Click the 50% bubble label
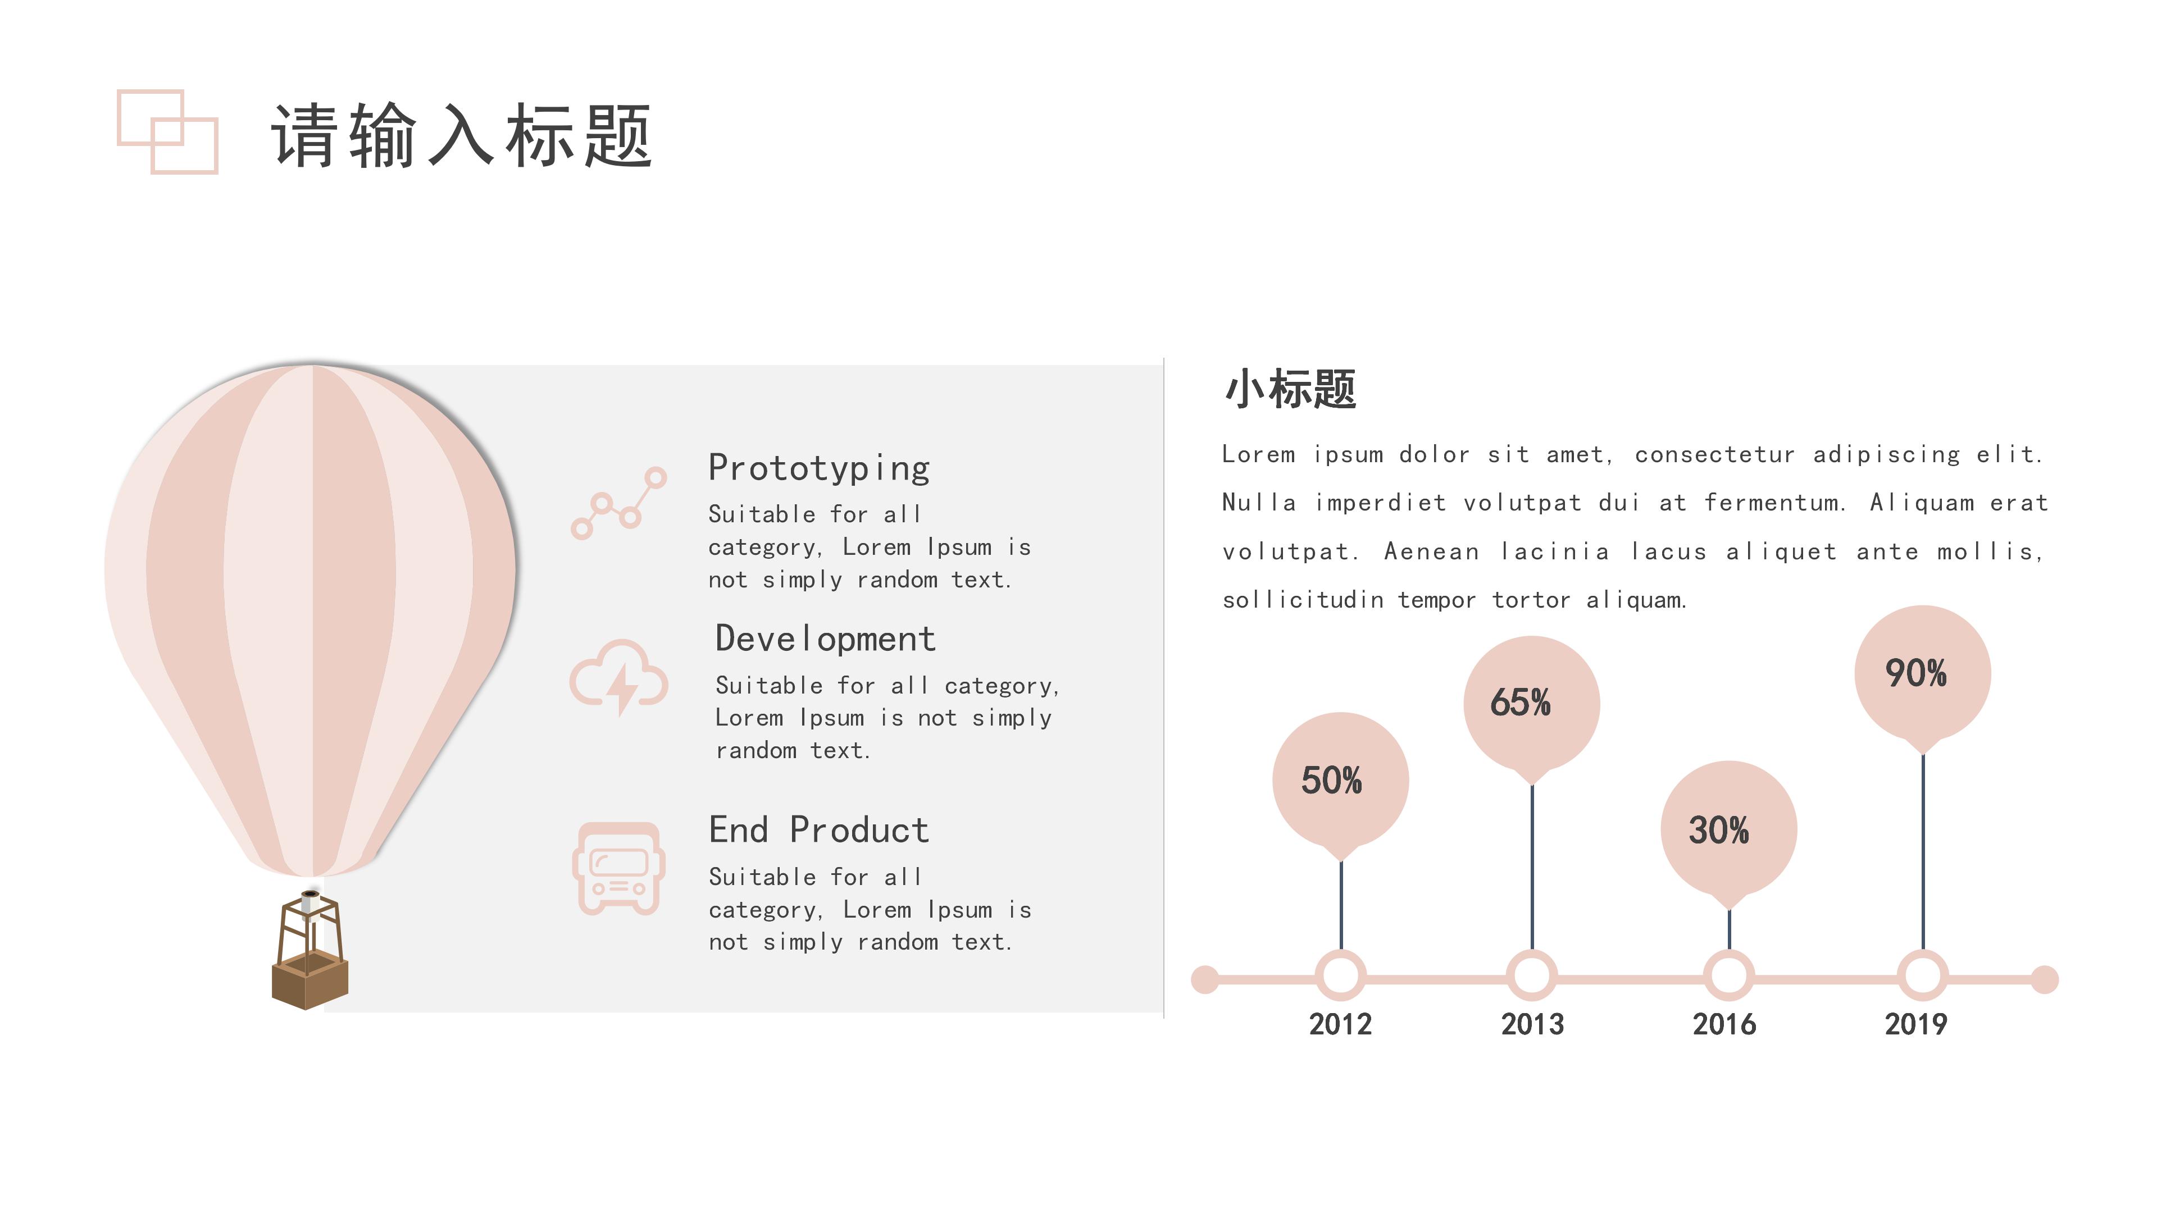click(x=1331, y=780)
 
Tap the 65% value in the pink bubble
click(x=1521, y=703)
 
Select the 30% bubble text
click(x=1718, y=831)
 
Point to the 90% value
click(x=1916, y=673)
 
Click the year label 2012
click(x=1340, y=1024)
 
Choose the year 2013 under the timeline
click(x=1531, y=1024)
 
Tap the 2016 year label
click(x=1724, y=1024)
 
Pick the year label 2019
click(x=1916, y=1024)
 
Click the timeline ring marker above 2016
click(x=1729, y=975)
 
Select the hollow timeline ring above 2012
click(x=1341, y=975)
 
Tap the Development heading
click(x=825, y=639)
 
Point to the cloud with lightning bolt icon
click(x=619, y=676)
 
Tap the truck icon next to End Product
click(x=619, y=868)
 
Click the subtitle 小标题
click(x=1290, y=389)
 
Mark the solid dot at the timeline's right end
click(x=2045, y=979)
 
